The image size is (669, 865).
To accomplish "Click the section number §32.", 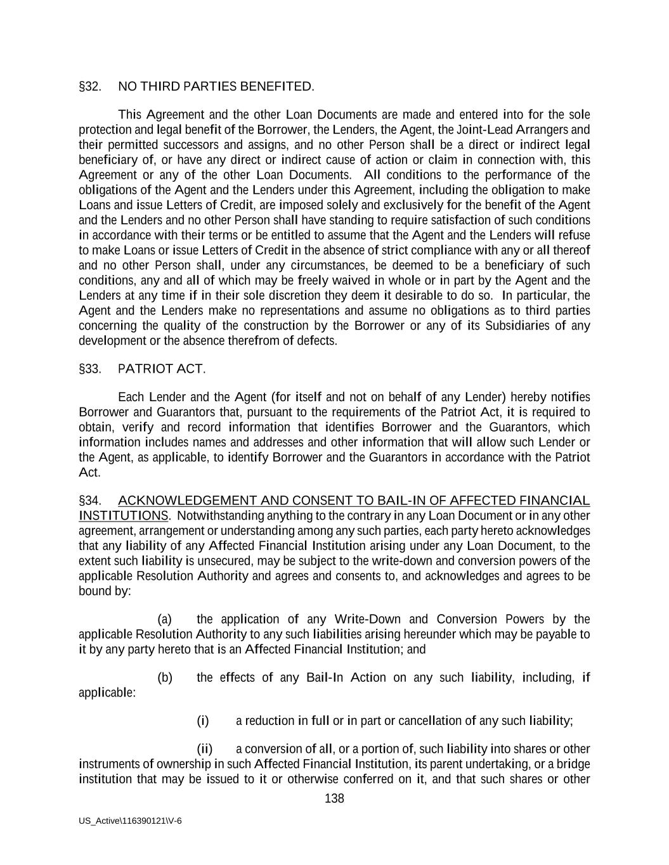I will tap(90, 87).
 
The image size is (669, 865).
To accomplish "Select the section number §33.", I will tap(90, 369).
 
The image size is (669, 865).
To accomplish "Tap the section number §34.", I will tap(90, 501).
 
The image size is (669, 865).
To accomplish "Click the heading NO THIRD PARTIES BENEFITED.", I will tap(216, 87).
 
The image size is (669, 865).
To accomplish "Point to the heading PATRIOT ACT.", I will tap(162, 369).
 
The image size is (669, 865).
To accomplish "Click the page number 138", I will tap(334, 798).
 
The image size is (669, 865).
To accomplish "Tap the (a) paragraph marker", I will tap(165, 619).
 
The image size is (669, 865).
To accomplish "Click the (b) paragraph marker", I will tap(165, 677).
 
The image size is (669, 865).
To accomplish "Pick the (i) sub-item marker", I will tap(203, 721).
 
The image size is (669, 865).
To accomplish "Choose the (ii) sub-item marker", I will tap(204, 749).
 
